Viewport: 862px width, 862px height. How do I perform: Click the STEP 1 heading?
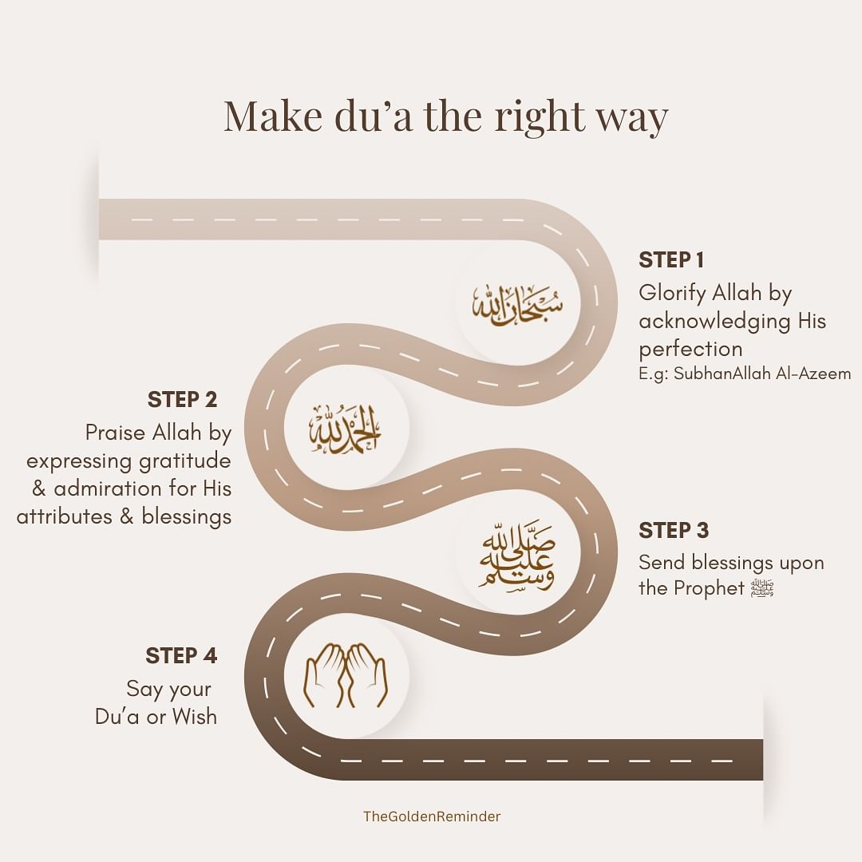[670, 260]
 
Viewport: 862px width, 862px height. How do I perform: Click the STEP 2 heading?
[182, 399]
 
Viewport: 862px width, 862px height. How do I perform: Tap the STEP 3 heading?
[673, 531]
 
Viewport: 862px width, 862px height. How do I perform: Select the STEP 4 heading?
[181, 656]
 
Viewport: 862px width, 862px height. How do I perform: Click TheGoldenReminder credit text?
[432, 816]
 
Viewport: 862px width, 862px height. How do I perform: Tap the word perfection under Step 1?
[690, 349]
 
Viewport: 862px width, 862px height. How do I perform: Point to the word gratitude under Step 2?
[183, 461]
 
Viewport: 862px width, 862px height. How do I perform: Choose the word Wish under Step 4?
[194, 716]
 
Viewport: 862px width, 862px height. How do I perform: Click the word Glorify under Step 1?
[672, 294]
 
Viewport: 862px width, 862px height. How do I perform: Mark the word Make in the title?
[266, 116]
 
